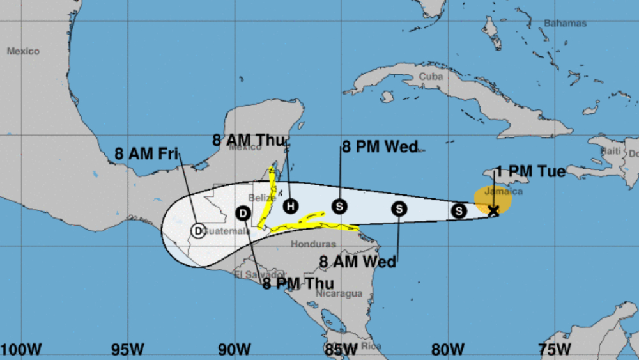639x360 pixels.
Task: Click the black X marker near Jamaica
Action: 493,210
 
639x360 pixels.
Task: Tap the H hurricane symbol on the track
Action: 291,206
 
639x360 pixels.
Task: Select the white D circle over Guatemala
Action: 198,230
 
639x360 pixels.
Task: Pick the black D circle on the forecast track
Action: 243,214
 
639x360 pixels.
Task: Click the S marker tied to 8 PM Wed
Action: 339,206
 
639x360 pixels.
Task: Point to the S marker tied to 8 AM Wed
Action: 399,208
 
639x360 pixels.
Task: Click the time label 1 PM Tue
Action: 530,171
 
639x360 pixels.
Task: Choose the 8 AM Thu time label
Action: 249,139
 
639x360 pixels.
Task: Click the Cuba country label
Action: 431,76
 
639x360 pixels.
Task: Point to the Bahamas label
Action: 565,23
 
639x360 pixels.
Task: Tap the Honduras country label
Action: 313,244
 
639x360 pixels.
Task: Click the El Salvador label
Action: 254,275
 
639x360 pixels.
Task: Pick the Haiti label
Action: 611,151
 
